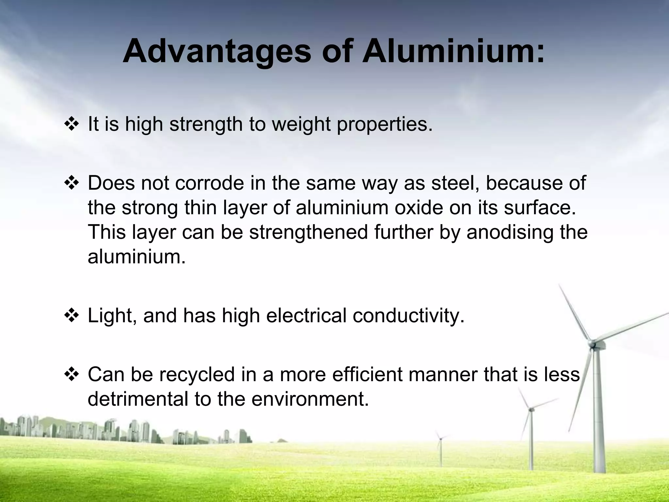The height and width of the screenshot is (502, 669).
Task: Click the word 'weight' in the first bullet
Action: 301,125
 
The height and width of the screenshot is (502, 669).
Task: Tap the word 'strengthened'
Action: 309,233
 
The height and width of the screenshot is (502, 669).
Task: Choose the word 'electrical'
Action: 306,316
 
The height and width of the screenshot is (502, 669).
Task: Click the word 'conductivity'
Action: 408,316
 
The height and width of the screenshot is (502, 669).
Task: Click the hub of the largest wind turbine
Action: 592,344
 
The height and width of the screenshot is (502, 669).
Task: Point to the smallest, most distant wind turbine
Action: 441,438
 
